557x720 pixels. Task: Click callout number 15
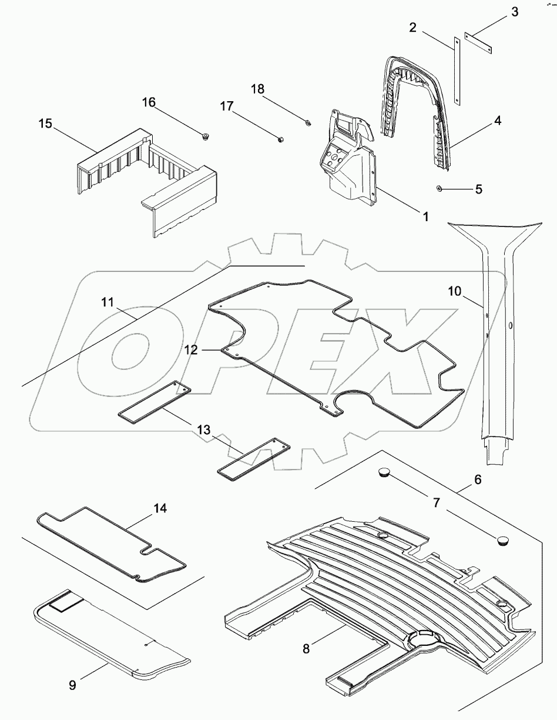click(45, 124)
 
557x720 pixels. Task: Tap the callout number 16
click(149, 102)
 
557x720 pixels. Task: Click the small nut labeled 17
click(281, 139)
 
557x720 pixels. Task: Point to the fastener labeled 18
click(307, 122)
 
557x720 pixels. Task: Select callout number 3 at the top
click(514, 11)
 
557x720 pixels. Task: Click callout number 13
click(203, 431)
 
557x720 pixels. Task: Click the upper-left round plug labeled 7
click(385, 471)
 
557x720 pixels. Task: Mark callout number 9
click(72, 686)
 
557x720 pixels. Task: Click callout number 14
click(160, 508)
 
